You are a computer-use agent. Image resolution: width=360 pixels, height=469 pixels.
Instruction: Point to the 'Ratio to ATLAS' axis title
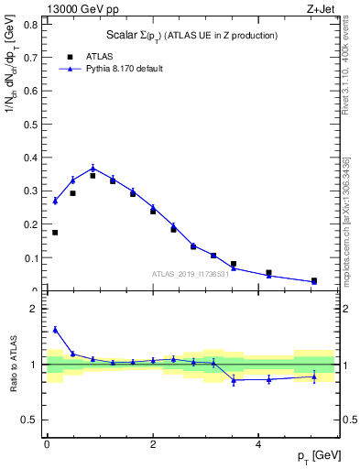13,365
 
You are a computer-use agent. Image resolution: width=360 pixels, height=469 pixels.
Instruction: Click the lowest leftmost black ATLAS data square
55,233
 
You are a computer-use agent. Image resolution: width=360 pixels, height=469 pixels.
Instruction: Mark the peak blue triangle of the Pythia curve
93,168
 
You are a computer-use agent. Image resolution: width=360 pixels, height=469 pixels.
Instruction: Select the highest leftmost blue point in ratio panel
55,330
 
